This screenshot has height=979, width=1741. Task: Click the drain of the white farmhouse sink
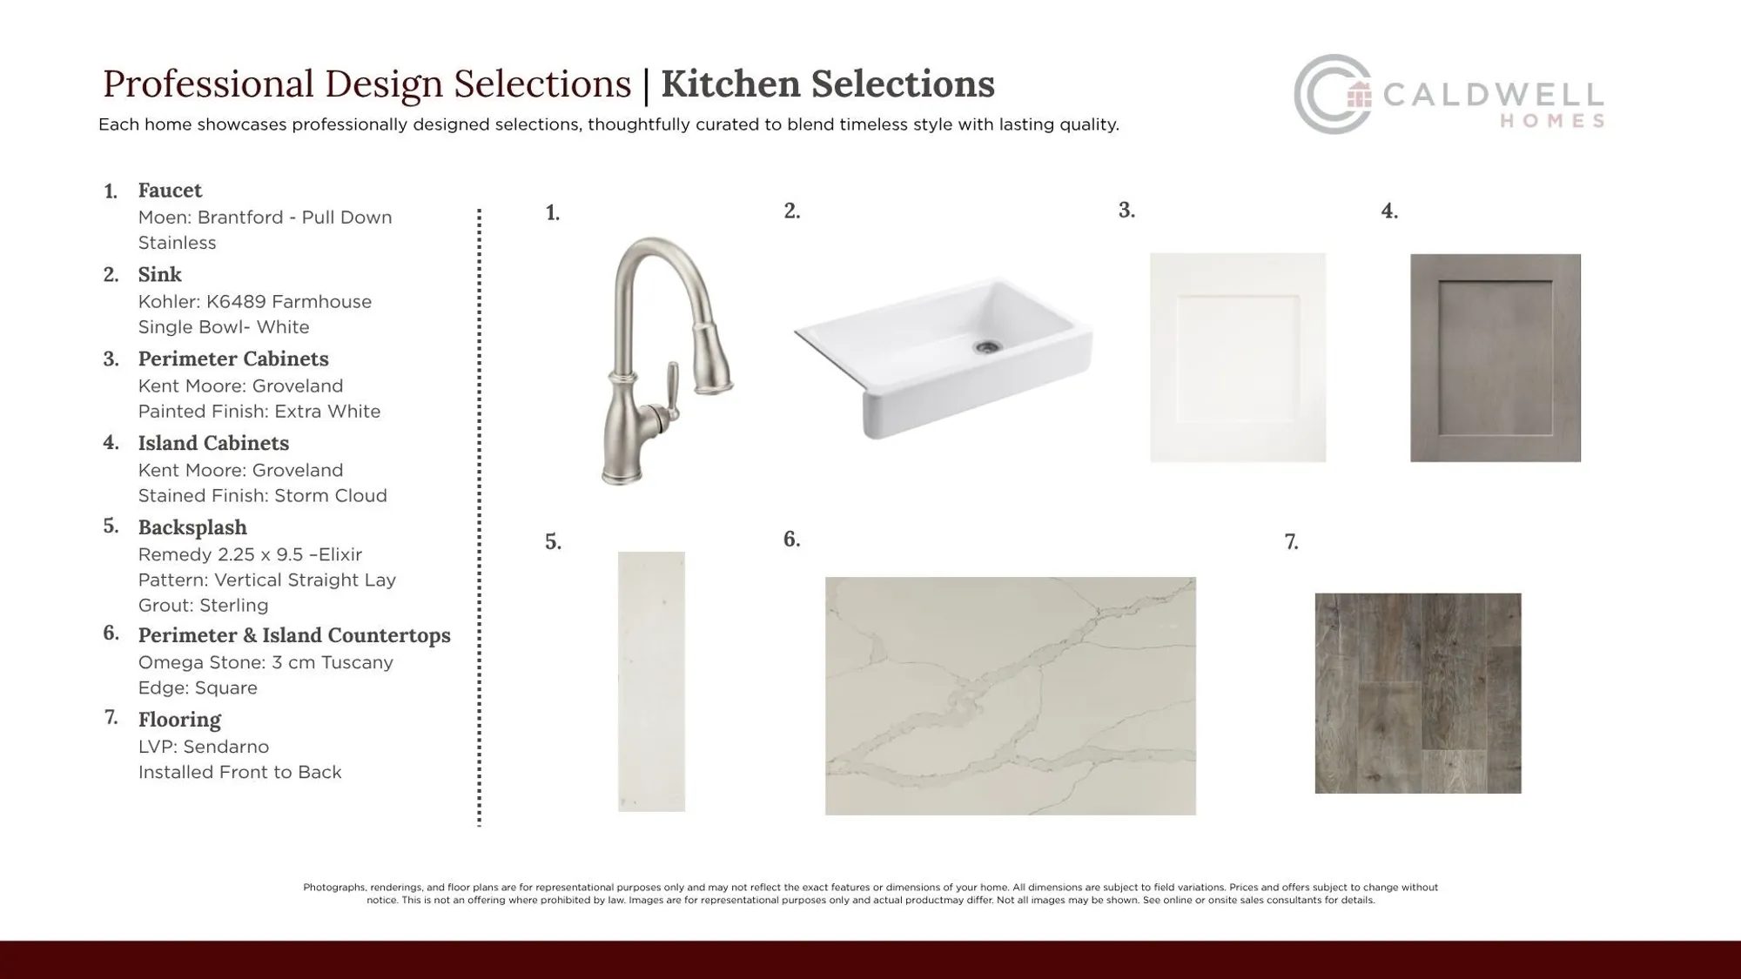point(986,346)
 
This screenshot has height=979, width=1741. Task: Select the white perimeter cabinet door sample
point(1238,358)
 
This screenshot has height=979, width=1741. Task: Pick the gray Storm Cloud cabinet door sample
point(1496,358)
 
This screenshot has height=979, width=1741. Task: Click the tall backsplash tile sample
point(651,681)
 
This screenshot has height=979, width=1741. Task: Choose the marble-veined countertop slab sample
point(1011,696)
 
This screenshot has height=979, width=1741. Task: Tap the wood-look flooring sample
point(1418,694)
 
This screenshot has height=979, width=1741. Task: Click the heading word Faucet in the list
point(170,191)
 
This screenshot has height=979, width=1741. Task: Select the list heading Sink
point(160,275)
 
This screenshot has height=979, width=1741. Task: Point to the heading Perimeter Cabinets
point(233,359)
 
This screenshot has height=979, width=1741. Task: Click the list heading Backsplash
point(192,528)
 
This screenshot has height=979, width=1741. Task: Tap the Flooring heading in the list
point(179,720)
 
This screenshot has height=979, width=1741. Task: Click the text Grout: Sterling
point(203,606)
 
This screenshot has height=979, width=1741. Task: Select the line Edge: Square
point(198,688)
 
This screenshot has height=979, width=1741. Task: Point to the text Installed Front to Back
point(239,773)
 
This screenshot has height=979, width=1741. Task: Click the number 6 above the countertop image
point(791,540)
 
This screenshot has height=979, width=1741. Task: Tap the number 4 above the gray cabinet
point(1389,211)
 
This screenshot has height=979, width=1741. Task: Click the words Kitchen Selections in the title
point(828,84)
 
